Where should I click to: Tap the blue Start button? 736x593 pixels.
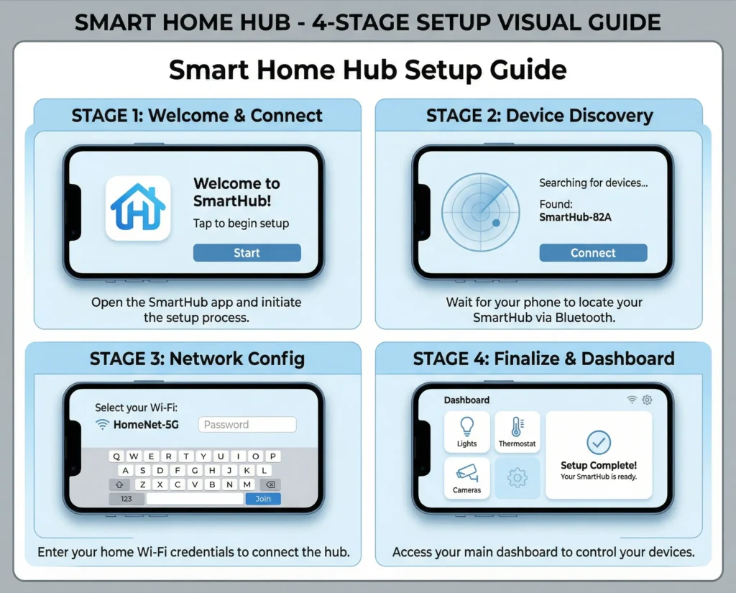pyautogui.click(x=247, y=252)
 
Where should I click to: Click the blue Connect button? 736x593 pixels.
pyautogui.click(x=593, y=252)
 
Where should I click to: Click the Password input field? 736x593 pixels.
pyautogui.click(x=247, y=424)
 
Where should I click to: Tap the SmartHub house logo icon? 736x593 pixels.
pyautogui.click(x=138, y=208)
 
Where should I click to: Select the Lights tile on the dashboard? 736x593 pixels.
pyautogui.click(x=466, y=432)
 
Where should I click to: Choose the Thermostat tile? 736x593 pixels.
pyautogui.click(x=517, y=432)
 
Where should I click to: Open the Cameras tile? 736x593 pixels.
pyautogui.click(x=466, y=478)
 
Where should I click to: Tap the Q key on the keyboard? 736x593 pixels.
pyautogui.click(x=116, y=456)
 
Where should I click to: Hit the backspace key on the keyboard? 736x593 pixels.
pyautogui.click(x=270, y=484)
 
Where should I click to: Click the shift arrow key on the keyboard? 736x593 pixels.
pyautogui.click(x=119, y=484)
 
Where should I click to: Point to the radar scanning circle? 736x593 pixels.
pyautogui.click(x=481, y=212)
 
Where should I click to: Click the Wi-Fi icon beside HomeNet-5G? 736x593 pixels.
pyautogui.click(x=102, y=424)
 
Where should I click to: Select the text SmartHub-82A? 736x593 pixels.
pyautogui.click(x=575, y=217)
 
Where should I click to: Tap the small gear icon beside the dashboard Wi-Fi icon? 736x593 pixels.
pyautogui.click(x=648, y=400)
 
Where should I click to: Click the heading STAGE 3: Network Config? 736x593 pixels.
pyautogui.click(x=197, y=359)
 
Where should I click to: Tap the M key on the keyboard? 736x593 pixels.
pyautogui.click(x=247, y=484)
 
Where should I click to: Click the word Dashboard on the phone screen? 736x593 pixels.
pyautogui.click(x=466, y=400)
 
